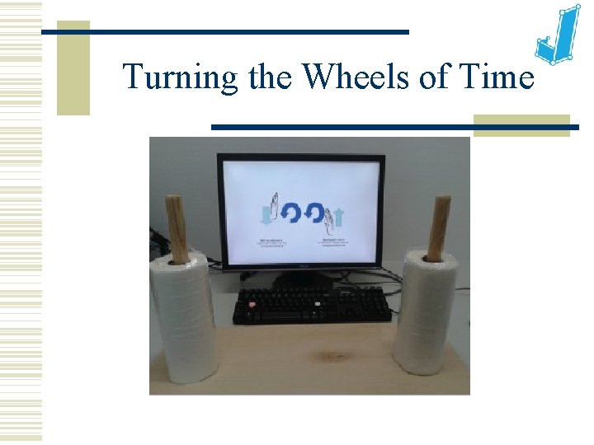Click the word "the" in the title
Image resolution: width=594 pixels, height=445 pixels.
(x=269, y=77)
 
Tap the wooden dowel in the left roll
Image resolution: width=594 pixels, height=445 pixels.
(x=177, y=228)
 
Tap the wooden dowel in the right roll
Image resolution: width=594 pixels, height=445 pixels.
(x=437, y=228)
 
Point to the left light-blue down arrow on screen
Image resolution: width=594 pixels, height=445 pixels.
(x=266, y=216)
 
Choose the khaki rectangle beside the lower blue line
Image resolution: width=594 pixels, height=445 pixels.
(x=521, y=125)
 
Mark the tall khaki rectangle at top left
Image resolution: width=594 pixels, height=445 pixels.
(x=73, y=68)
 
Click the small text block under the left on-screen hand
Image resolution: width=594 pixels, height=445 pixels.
(x=269, y=242)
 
